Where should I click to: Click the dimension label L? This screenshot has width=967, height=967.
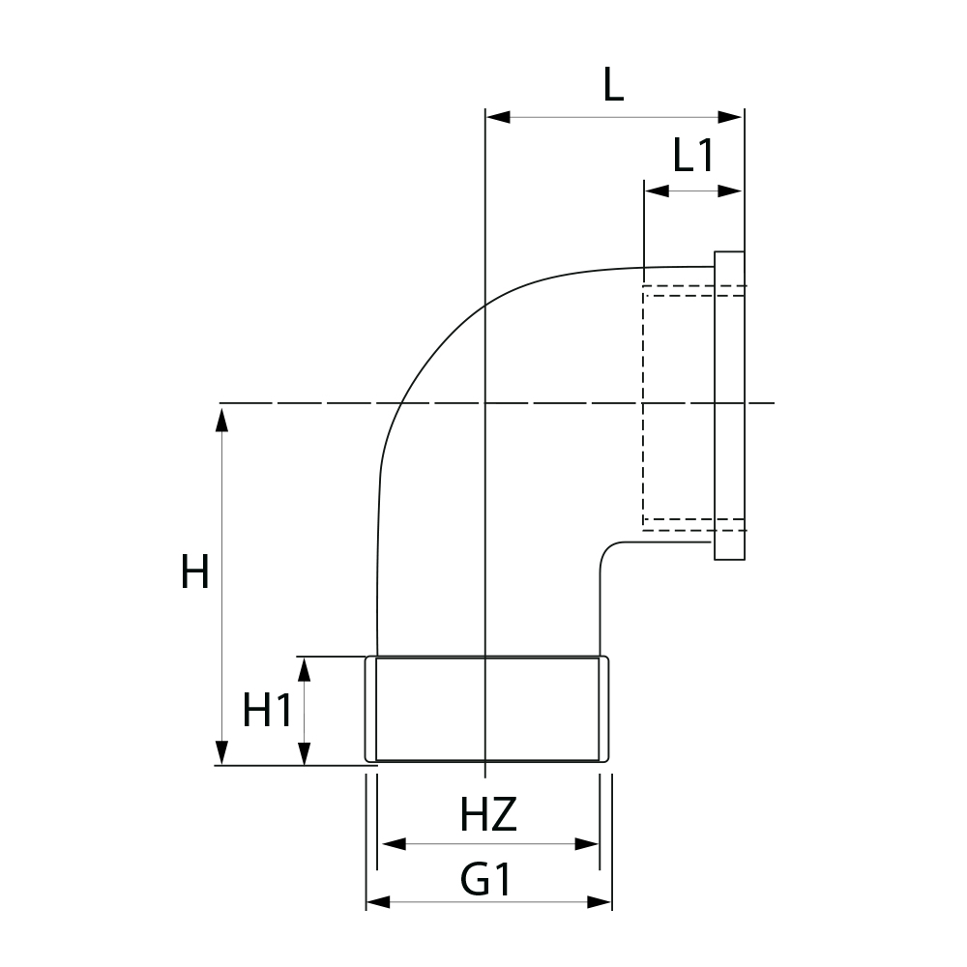click(x=613, y=86)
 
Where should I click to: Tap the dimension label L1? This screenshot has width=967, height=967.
click(x=693, y=155)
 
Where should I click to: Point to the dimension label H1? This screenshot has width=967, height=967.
click(x=267, y=713)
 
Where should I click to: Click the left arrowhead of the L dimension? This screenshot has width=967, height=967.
click(x=496, y=117)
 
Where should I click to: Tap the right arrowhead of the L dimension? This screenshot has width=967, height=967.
click(x=731, y=117)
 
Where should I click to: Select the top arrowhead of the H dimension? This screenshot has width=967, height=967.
click(x=222, y=419)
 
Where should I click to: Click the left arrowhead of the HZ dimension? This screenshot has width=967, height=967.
click(x=389, y=844)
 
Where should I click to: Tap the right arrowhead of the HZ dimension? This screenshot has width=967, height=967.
click(x=587, y=844)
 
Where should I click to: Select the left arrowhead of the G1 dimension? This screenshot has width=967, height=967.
click(x=378, y=902)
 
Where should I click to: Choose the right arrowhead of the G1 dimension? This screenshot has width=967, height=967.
click(x=601, y=902)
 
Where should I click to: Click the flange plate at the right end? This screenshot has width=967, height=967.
click(x=730, y=406)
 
